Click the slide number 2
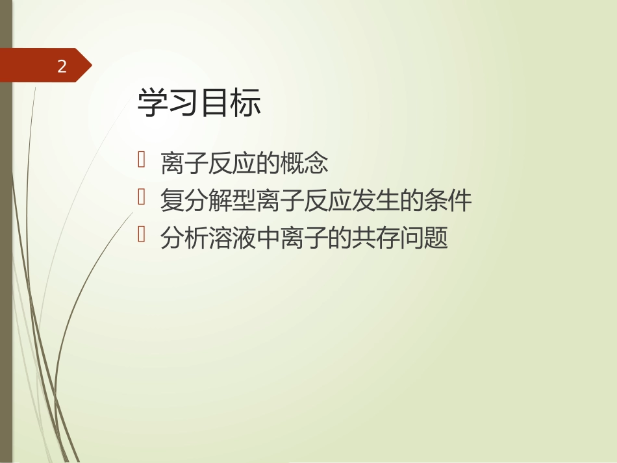[62, 66]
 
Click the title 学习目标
[199, 104]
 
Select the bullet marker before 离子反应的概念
[142, 160]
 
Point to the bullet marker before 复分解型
[142, 198]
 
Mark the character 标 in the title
[246, 104]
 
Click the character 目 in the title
[215, 104]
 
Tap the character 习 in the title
[184, 104]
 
